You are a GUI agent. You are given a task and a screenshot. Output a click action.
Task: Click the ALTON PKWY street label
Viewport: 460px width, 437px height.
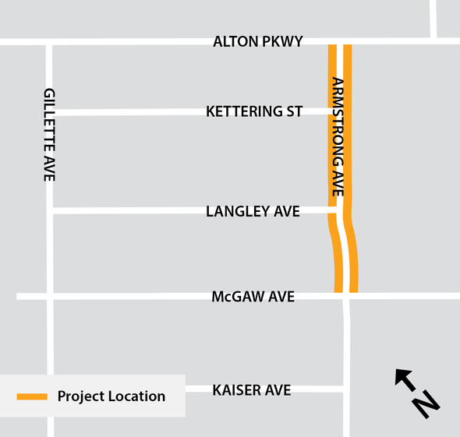point(257,41)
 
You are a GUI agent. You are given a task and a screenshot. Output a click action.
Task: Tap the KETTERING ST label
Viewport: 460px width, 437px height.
point(253,111)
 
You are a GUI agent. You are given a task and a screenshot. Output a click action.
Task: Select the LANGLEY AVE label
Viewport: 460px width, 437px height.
point(253,211)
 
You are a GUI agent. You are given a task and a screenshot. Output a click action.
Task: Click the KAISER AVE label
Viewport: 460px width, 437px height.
point(252,389)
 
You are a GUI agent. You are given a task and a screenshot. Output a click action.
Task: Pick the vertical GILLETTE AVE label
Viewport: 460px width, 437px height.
point(49,134)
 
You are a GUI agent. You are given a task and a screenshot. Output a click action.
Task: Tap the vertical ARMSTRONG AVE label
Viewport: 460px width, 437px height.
point(338,136)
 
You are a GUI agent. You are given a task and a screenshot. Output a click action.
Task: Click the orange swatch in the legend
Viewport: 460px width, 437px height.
point(32,396)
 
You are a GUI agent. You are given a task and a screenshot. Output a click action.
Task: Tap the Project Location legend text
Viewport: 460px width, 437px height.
point(111,396)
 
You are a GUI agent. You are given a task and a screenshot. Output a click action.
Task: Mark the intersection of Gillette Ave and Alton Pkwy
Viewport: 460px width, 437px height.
point(49,42)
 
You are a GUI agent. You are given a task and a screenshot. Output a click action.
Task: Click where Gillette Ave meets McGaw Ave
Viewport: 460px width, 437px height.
point(50,296)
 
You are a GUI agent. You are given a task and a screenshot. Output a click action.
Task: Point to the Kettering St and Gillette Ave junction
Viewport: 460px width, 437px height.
point(50,112)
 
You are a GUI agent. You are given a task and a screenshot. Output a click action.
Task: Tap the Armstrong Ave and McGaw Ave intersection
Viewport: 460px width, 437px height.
point(346,295)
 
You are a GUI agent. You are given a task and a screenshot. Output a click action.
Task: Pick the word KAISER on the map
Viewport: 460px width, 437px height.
point(236,389)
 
